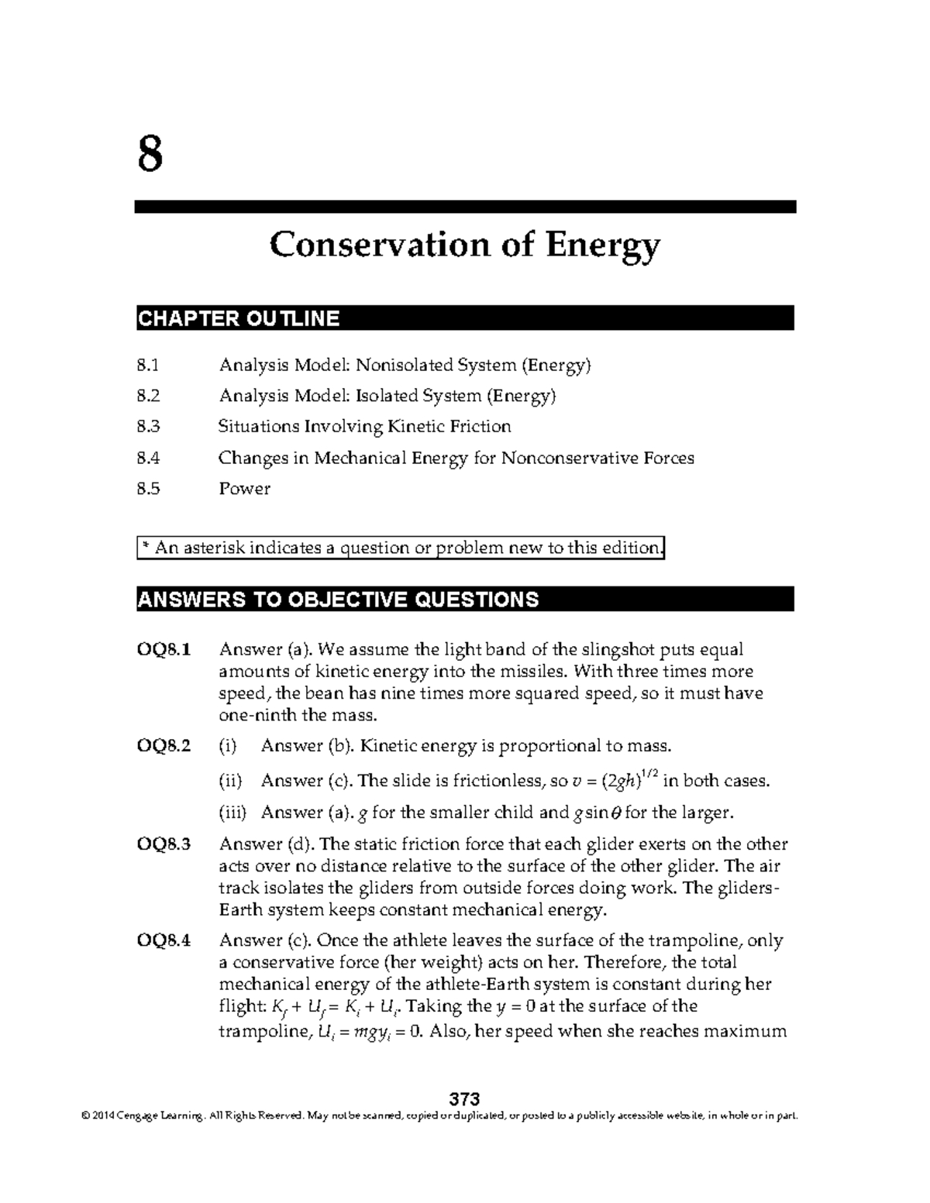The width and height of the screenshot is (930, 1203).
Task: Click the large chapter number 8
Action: pos(150,154)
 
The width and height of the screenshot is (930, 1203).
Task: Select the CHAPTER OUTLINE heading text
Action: pos(239,318)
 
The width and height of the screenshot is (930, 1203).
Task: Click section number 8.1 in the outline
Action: pos(147,365)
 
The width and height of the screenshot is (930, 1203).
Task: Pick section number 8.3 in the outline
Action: pos(147,427)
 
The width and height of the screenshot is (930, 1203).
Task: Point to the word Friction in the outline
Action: pos(480,427)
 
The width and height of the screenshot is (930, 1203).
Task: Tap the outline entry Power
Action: pos(244,489)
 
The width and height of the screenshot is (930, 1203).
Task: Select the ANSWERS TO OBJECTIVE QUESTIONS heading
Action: pos(337,600)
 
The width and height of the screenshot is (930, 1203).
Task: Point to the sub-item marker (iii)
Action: pos(232,813)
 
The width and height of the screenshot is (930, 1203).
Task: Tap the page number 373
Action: pos(465,1099)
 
